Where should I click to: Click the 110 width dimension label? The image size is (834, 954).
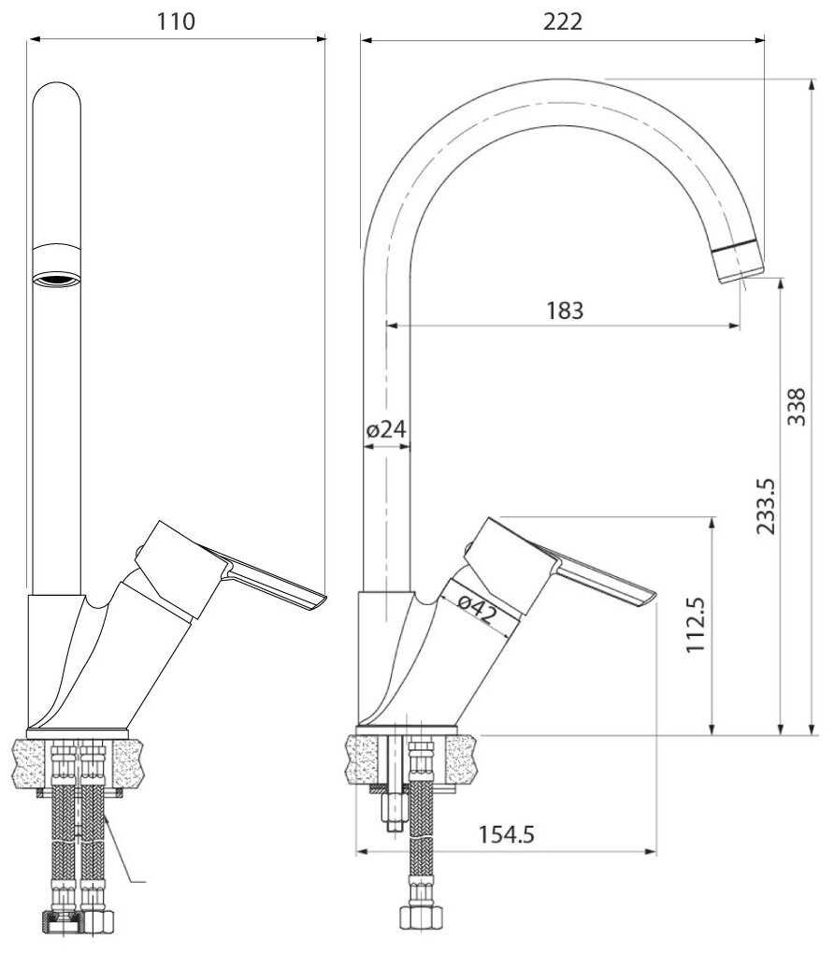pos(177,22)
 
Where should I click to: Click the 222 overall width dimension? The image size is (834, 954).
pos(563,22)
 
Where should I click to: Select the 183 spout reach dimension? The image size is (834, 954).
pos(565,311)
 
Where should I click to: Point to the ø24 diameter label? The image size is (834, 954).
pos(385,429)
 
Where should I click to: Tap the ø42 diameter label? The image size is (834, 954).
pos(478,609)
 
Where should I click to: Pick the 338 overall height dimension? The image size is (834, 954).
pos(797,407)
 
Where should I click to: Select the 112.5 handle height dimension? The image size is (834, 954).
pos(696,625)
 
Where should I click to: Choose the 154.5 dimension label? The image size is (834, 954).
pos(506,834)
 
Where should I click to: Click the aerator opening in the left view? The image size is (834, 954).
pos(57,280)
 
